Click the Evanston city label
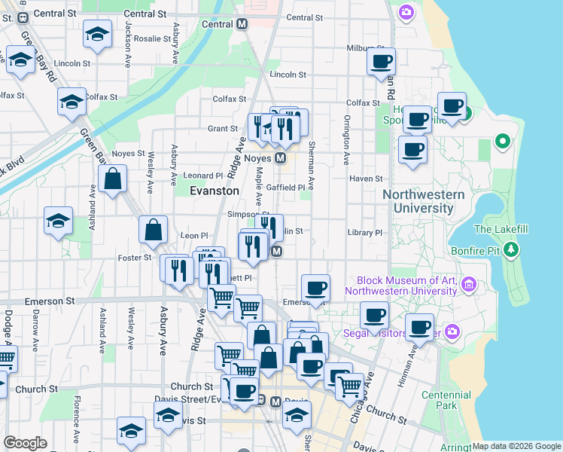coord(214,191)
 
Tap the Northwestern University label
coord(423,201)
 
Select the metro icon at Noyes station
coord(280,158)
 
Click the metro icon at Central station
coord(242,23)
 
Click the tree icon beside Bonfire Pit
coord(511,249)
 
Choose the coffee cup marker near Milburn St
coord(382,61)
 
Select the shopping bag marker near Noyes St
coord(112,179)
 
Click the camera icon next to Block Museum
coord(469,285)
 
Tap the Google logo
coord(25,442)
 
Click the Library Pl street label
coord(365,233)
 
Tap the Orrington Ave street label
coord(347,139)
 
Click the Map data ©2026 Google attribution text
coord(516,446)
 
